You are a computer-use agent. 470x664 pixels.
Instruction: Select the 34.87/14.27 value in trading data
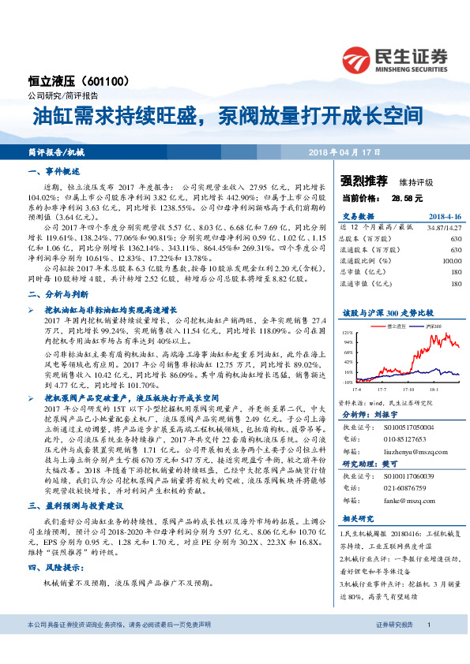[x=443, y=226]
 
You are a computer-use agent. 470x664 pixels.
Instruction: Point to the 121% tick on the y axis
[x=347, y=334]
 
